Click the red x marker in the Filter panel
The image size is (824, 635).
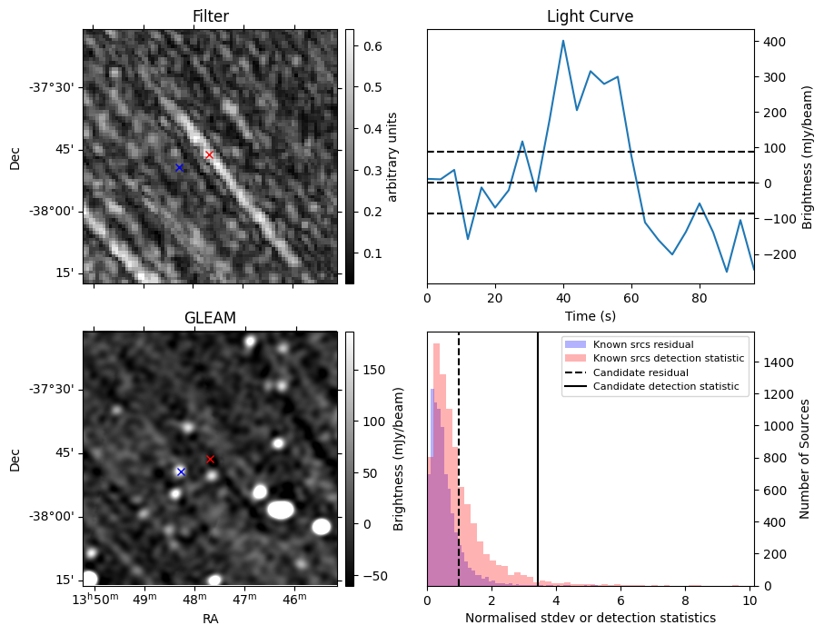(209, 155)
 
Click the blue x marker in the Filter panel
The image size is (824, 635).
(179, 168)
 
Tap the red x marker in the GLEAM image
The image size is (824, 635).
(210, 460)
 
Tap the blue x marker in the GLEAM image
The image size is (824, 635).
(181, 471)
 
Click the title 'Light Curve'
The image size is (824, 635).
(590, 17)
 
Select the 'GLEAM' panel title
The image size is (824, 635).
(210, 318)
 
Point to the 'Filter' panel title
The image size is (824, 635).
(210, 17)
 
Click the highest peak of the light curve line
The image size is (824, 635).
(563, 40)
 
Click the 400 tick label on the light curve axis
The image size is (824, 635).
(772, 41)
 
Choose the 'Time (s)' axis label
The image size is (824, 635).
(590, 314)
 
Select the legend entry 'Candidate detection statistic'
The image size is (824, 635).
(666, 387)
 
